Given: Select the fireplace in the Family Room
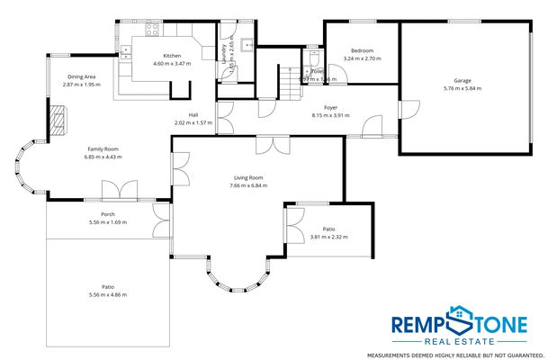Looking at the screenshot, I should click(59, 119).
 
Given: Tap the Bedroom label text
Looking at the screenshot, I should click(363, 50).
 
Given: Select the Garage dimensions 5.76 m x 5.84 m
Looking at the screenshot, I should click(463, 88).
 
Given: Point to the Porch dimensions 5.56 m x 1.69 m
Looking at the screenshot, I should click(108, 221).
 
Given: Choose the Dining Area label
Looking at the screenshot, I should click(82, 76).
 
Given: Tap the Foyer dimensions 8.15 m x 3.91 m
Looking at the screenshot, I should click(330, 114).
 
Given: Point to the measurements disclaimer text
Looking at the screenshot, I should click(463, 354).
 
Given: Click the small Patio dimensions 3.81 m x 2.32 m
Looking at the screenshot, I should click(328, 237).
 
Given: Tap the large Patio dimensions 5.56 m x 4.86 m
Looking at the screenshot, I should click(108, 294).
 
